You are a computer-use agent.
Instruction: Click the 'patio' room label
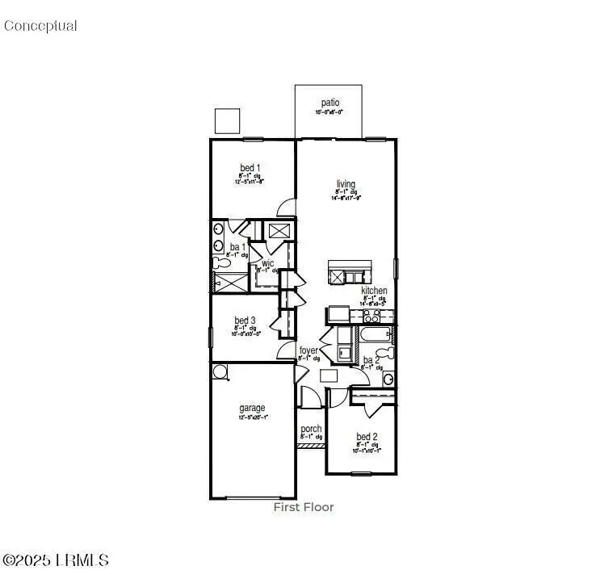pyautogui.click(x=330, y=103)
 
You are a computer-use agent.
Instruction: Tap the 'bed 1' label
pyautogui.click(x=249, y=168)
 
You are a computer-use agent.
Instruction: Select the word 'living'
pyautogui.click(x=346, y=183)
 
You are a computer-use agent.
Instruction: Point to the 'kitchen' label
pyautogui.click(x=374, y=291)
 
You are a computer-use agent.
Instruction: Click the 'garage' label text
pyautogui.click(x=252, y=409)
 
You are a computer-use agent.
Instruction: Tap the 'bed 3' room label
pyautogui.click(x=246, y=321)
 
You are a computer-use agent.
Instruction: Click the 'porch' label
pyautogui.click(x=311, y=429)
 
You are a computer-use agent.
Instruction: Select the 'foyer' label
pyautogui.click(x=309, y=350)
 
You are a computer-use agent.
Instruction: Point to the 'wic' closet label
pyautogui.click(x=267, y=263)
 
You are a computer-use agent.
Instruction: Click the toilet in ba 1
pyautogui.click(x=219, y=262)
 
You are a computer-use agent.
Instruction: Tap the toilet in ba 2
pyautogui.click(x=390, y=353)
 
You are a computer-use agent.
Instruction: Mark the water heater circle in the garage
pyautogui.click(x=220, y=371)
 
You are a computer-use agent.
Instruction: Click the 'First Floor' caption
pyautogui.click(x=304, y=507)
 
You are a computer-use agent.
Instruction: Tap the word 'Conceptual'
pyautogui.click(x=40, y=26)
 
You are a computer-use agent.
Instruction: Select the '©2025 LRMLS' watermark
pyautogui.click(x=56, y=560)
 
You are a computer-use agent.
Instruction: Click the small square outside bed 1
pyautogui.click(x=228, y=120)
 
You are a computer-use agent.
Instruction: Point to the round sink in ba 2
pyautogui.click(x=388, y=378)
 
